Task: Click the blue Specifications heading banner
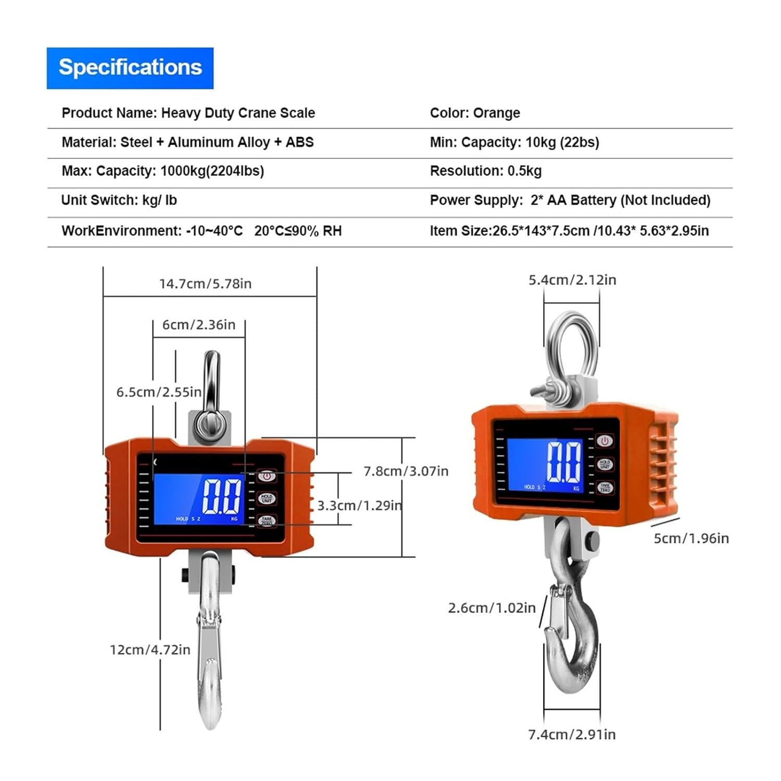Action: click(130, 68)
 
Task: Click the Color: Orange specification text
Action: click(474, 113)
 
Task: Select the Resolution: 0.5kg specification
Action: click(485, 171)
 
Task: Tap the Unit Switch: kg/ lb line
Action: click(119, 200)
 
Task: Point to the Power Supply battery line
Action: click(570, 200)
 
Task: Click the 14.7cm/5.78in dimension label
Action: click(205, 284)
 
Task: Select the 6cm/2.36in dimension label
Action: click(198, 325)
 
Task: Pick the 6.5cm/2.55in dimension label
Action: click(158, 392)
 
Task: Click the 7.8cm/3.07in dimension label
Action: click(406, 471)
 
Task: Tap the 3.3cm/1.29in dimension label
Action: click(359, 506)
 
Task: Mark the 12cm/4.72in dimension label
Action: click(150, 650)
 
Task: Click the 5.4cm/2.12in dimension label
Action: click(572, 280)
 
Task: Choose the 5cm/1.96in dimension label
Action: click(691, 538)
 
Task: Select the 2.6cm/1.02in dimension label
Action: click(492, 608)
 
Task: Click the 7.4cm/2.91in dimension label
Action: click(572, 735)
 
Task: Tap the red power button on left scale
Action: click(266, 475)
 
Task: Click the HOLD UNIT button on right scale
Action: click(604, 464)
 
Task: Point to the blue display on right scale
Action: click(545, 464)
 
